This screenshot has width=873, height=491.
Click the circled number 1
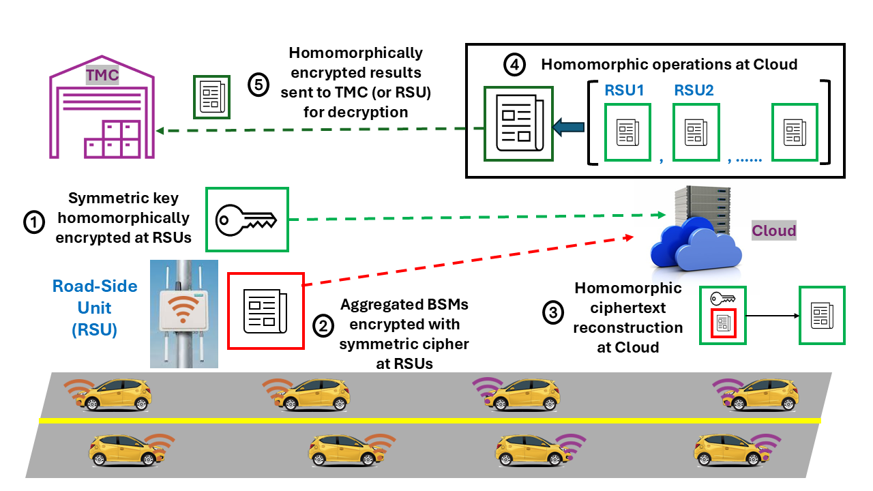[33, 222]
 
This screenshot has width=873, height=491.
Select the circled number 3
[552, 312]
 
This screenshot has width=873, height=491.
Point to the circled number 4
[514, 65]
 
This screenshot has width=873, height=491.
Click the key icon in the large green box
[246, 219]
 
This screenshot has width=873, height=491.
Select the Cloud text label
[773, 230]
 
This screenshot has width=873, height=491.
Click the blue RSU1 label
[625, 90]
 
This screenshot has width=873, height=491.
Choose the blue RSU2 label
[694, 90]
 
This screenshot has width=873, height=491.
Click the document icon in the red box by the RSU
[265, 310]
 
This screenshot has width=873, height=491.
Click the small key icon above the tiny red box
[722, 298]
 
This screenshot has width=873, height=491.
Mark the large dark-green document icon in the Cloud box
[518, 123]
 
